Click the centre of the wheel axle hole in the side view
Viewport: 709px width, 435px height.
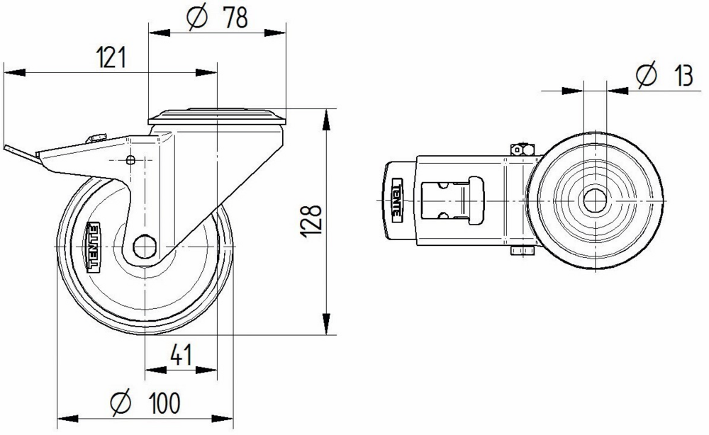[x=145, y=247]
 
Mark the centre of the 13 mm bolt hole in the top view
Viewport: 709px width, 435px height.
[x=595, y=200]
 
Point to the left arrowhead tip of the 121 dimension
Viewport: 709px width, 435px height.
[x=4, y=72]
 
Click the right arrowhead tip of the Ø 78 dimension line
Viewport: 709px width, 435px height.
[x=286, y=33]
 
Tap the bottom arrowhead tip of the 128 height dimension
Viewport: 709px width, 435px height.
[x=326, y=334]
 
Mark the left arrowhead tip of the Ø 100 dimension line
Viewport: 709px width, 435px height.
[x=57, y=419]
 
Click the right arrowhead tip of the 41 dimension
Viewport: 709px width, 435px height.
[x=217, y=370]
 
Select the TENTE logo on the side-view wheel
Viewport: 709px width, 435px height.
[x=94, y=247]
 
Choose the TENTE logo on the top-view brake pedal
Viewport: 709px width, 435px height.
[x=396, y=200]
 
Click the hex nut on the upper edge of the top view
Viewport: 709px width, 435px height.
[x=523, y=149]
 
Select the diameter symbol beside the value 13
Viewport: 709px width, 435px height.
[x=646, y=75]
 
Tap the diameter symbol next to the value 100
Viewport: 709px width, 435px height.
[x=121, y=402]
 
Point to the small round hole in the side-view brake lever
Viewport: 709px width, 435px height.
[x=130, y=159]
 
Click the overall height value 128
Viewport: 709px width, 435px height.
[x=311, y=222]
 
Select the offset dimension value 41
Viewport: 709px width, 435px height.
[x=182, y=355]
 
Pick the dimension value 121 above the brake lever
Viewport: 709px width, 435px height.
[x=111, y=57]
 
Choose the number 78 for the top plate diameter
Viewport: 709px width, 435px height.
[x=235, y=18]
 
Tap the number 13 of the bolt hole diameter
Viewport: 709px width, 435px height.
[x=683, y=75]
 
